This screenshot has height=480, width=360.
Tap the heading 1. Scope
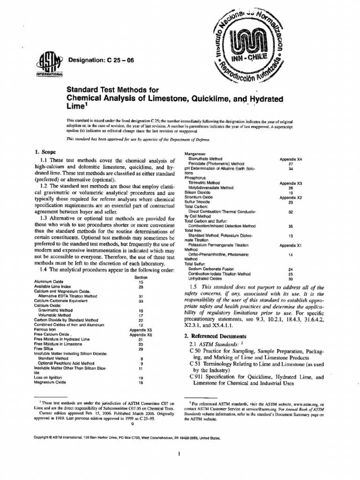pyautogui.click(x=46, y=152)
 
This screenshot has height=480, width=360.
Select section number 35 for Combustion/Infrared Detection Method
pyautogui.click(x=291, y=226)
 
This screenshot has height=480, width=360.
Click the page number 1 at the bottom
pyautogui.click(x=180, y=454)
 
